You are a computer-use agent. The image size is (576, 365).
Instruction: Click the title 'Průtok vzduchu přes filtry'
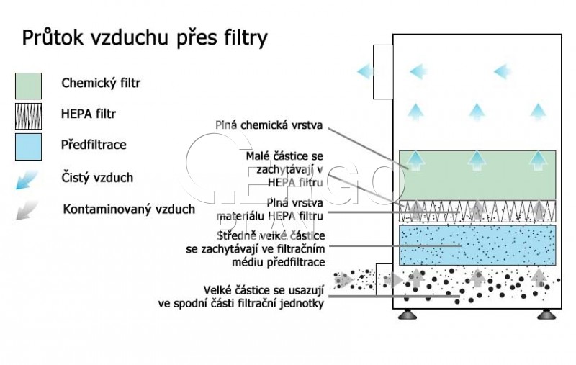click(x=145, y=38)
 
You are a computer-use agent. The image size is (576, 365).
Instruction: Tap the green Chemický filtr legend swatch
click(x=28, y=86)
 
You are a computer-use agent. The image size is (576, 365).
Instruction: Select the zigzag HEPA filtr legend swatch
click(x=28, y=116)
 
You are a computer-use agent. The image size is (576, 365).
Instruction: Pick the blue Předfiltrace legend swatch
click(x=28, y=147)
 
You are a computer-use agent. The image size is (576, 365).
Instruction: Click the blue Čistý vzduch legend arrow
click(x=27, y=179)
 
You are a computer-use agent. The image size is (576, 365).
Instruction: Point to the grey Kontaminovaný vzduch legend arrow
click(x=27, y=210)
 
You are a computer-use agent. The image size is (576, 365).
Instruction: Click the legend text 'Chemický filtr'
click(x=101, y=83)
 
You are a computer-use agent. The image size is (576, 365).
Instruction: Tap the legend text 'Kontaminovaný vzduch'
click(x=129, y=209)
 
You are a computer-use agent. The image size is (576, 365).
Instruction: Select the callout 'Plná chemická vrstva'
click(x=269, y=125)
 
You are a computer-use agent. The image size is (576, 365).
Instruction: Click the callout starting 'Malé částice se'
click(x=284, y=169)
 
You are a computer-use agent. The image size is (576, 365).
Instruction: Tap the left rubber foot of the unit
click(x=408, y=314)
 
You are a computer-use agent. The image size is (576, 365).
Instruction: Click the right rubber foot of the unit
click(x=546, y=314)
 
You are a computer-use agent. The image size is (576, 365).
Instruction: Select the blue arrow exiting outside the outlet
click(x=365, y=71)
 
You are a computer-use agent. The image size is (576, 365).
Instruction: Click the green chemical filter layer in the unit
click(x=477, y=175)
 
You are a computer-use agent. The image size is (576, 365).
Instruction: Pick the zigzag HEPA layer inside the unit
click(x=477, y=211)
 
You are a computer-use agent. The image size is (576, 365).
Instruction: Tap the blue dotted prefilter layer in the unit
click(x=477, y=245)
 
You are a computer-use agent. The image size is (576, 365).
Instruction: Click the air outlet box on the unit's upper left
click(x=383, y=72)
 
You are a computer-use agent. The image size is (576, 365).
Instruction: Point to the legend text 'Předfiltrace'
click(x=94, y=145)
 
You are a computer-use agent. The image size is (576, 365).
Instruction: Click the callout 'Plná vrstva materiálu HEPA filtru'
click(x=270, y=209)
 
